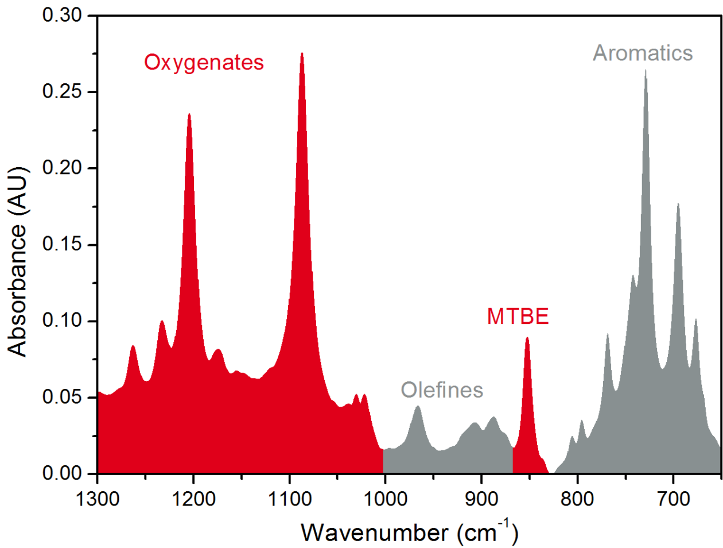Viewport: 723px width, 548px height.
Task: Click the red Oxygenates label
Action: coord(204,62)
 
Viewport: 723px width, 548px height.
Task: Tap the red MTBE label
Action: coord(518,317)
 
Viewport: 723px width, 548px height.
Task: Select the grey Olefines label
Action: coord(442,390)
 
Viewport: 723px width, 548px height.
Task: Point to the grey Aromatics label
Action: coord(643,53)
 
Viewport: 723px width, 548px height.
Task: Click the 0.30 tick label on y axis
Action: coord(62,16)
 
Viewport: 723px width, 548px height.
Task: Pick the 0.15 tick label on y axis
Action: coord(62,245)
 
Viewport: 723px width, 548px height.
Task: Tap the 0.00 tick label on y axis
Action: coord(62,474)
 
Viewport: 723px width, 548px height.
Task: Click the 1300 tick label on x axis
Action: coord(98,498)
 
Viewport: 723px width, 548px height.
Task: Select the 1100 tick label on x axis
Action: coord(289,498)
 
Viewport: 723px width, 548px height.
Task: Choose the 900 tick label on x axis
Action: coord(481,498)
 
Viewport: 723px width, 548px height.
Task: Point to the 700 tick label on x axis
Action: coord(673,498)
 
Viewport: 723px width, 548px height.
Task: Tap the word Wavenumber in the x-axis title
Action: coord(375,532)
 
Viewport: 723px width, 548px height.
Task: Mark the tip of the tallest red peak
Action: coord(302,53)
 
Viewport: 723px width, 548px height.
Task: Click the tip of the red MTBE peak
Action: coord(527,338)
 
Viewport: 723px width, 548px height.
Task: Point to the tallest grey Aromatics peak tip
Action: coord(646,70)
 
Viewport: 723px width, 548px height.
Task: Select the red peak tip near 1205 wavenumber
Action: coord(189,114)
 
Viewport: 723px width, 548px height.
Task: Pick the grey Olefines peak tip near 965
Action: coord(418,406)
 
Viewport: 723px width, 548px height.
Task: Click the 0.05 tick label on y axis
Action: coord(62,398)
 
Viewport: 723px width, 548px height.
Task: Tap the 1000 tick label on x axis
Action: coord(385,498)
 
